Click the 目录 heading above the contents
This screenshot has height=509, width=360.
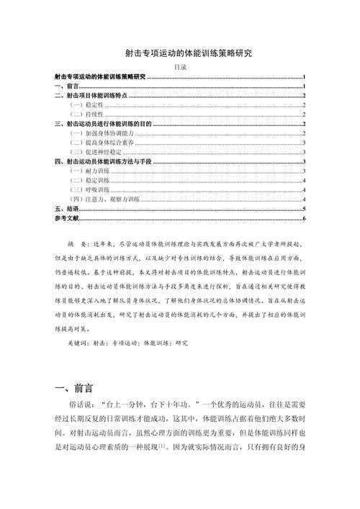181,66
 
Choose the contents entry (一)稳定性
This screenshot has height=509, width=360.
86,104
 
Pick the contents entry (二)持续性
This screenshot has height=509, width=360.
86,114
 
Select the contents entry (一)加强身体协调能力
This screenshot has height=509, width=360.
101,133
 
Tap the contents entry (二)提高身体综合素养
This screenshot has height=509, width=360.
101,143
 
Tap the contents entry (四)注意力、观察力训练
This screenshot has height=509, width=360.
105,198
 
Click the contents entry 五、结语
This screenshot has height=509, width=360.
66,208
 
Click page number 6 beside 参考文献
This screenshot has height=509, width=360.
305,217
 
